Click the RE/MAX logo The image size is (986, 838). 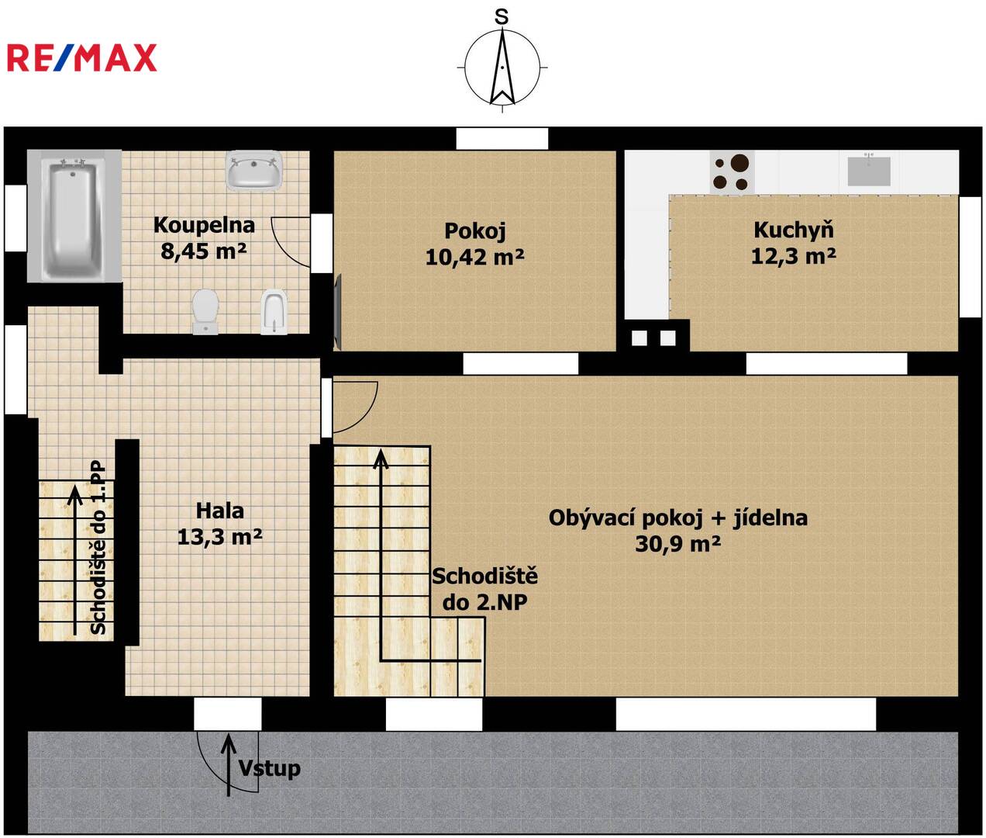pyautogui.click(x=82, y=57)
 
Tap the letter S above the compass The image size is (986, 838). pyautogui.click(x=502, y=17)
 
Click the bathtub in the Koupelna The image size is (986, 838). pyautogui.click(x=74, y=216)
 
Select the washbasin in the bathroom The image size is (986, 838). pyautogui.click(x=253, y=171)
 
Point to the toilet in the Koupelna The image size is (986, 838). pyautogui.click(x=205, y=311)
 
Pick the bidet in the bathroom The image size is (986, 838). pyautogui.click(x=274, y=311)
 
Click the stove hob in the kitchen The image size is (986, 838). pyautogui.click(x=732, y=172)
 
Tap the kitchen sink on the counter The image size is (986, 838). pyautogui.click(x=869, y=170)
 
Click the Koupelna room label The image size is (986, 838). pyautogui.click(x=204, y=225)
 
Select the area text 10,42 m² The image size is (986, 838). pyautogui.click(x=474, y=258)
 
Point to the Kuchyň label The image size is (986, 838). pyautogui.click(x=794, y=230)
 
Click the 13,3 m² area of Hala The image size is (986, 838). pyautogui.click(x=220, y=537)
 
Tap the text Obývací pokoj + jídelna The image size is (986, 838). pyautogui.click(x=677, y=518)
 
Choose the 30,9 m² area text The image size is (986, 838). pyautogui.click(x=677, y=544)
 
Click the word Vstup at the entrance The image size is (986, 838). pyautogui.click(x=270, y=768)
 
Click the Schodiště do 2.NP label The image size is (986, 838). pyautogui.click(x=485, y=589)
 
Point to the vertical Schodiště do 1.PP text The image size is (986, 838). pyautogui.click(x=98, y=548)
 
